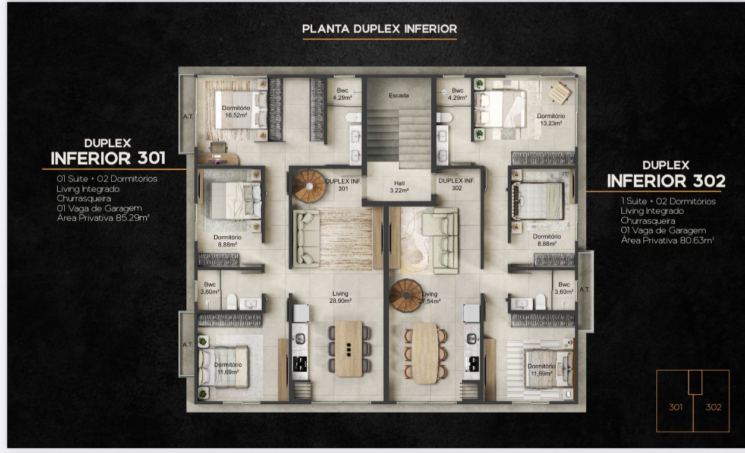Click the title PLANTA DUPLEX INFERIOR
click(379, 29)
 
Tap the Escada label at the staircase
click(398, 96)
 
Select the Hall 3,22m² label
click(399, 186)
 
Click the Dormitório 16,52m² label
click(236, 112)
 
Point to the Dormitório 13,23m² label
click(551, 119)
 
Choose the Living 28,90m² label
click(340, 297)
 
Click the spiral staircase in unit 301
click(309, 186)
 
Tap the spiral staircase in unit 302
click(406, 296)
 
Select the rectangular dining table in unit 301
click(348, 349)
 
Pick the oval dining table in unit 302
click(425, 353)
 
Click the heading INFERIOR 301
click(108, 159)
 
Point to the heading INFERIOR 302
click(666, 181)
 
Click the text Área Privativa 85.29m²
click(103, 218)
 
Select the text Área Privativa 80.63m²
click(667, 240)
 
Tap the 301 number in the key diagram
click(675, 407)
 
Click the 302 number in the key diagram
click(713, 407)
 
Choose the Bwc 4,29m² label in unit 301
click(342, 94)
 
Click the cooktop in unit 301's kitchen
click(300, 364)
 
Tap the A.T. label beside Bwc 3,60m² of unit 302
click(584, 290)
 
